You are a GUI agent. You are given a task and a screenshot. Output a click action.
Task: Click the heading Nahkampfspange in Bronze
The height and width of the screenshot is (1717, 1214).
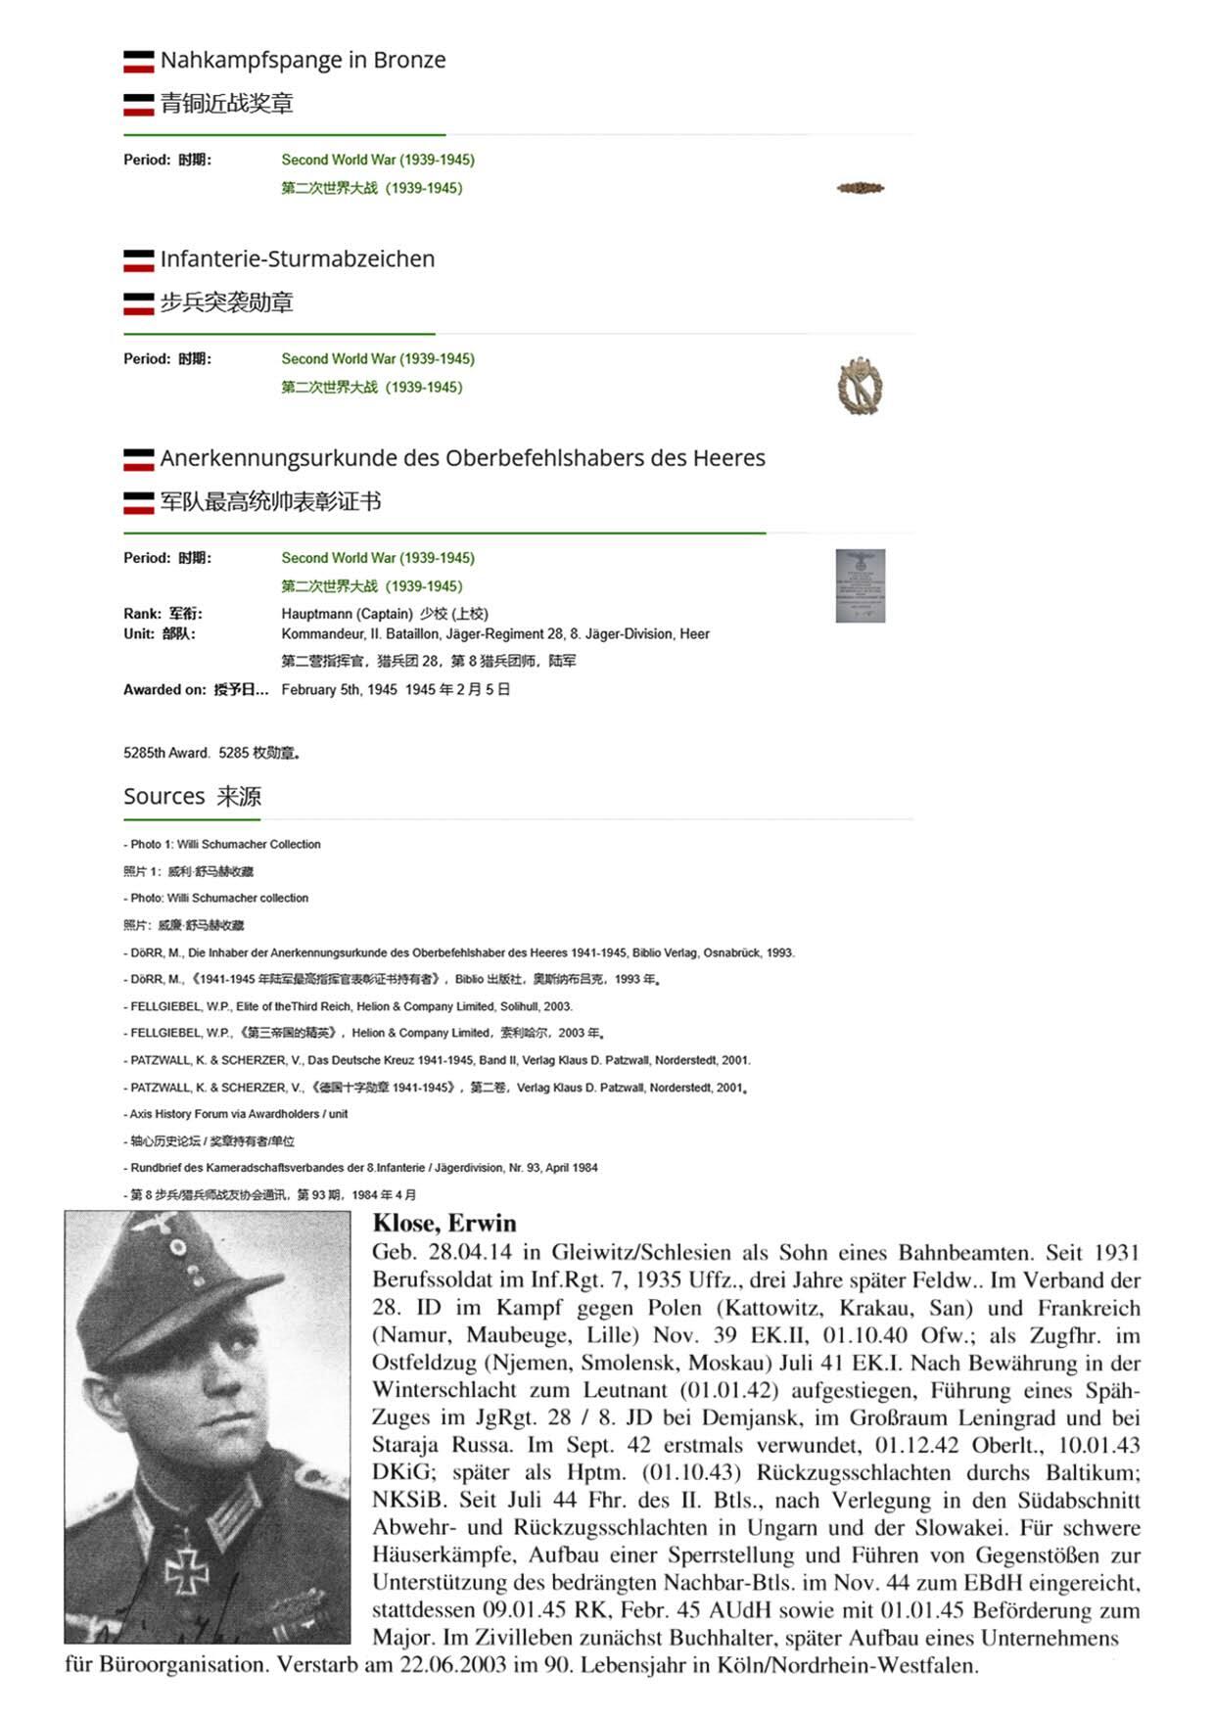303,61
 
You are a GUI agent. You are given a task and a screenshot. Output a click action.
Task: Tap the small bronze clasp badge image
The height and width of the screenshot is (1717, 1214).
861,188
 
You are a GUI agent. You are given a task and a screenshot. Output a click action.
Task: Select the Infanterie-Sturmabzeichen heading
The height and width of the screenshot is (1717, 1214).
297,259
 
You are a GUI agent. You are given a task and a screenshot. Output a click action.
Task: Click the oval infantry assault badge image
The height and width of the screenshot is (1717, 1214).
861,386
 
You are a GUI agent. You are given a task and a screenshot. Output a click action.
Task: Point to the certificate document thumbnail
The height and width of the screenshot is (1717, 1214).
861,585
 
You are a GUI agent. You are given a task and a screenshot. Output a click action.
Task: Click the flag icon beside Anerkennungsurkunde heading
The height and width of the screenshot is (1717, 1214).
138,459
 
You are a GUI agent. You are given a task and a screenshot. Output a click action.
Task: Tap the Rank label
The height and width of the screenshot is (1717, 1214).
143,614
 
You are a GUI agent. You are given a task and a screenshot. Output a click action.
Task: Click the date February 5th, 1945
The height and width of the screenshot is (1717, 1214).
339,690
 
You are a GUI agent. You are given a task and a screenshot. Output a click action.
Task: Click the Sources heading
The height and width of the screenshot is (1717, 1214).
163,797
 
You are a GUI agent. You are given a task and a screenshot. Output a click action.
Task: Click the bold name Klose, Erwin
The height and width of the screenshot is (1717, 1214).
444,1223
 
